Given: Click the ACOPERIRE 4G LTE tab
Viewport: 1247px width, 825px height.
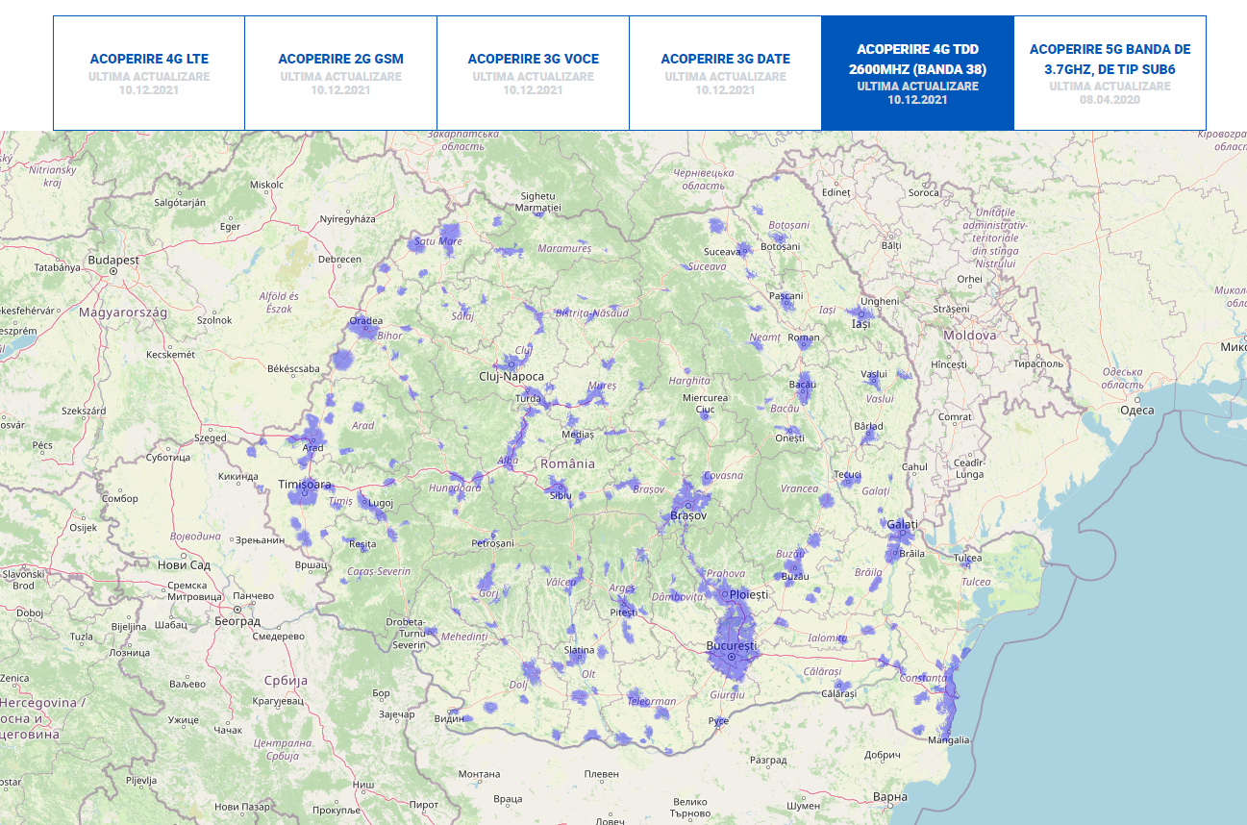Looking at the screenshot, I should coord(149,59).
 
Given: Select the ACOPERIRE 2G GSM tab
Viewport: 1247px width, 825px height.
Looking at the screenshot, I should coord(340,59).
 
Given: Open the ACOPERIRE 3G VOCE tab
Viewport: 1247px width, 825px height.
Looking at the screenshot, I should coord(533,59).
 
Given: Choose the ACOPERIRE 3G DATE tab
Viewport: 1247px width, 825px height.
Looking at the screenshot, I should coord(725,59).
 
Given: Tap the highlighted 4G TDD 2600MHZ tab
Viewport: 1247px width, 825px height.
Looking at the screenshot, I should coord(917,59).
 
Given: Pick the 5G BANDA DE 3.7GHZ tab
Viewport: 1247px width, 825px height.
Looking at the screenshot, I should coord(1110,59).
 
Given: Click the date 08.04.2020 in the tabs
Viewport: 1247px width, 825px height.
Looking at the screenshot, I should coord(1110,99).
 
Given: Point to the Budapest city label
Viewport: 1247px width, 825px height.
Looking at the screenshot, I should coord(113,260).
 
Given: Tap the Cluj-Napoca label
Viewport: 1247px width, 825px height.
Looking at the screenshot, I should coord(511,377).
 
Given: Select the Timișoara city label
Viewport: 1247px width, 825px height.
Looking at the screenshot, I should coord(304,484).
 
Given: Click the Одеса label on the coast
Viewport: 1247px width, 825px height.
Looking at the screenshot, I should coord(1136,410).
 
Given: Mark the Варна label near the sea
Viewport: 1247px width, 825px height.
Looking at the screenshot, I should coord(890,796).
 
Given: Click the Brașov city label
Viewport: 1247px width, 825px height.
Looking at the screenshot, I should coord(687,516).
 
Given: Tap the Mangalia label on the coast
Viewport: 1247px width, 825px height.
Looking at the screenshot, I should coord(949,740).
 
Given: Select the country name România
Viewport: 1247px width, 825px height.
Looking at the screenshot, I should coord(567,462).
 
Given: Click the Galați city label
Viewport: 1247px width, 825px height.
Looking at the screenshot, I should coord(902,524).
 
